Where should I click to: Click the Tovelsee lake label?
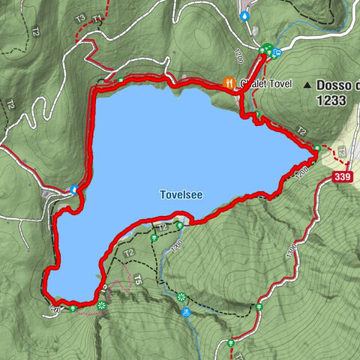(x=181, y=194)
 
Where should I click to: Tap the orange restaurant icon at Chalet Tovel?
(x=229, y=82)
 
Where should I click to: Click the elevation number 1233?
(x=331, y=99)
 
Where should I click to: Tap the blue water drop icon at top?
(x=244, y=14)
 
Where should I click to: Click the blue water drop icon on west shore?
(x=73, y=189)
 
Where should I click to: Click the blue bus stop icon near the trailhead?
(x=277, y=52)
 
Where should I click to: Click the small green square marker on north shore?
(x=121, y=80)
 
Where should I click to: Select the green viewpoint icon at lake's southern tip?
(x=101, y=305)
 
